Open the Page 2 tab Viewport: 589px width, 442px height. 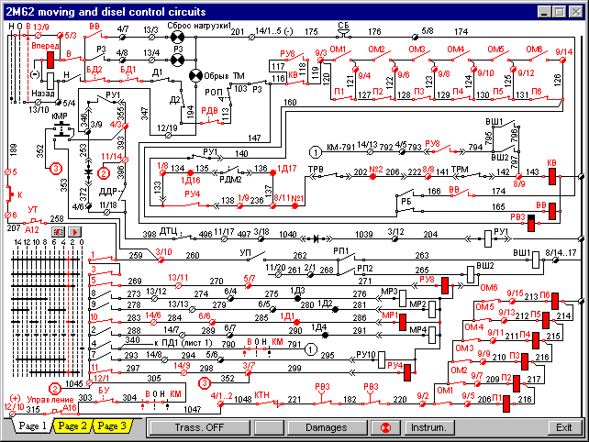point(72,426)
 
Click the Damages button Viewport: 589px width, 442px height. point(326,426)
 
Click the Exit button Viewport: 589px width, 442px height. point(564,426)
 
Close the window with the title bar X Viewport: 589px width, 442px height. point(577,10)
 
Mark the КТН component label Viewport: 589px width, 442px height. point(264,399)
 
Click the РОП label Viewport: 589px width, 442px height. point(212,92)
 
